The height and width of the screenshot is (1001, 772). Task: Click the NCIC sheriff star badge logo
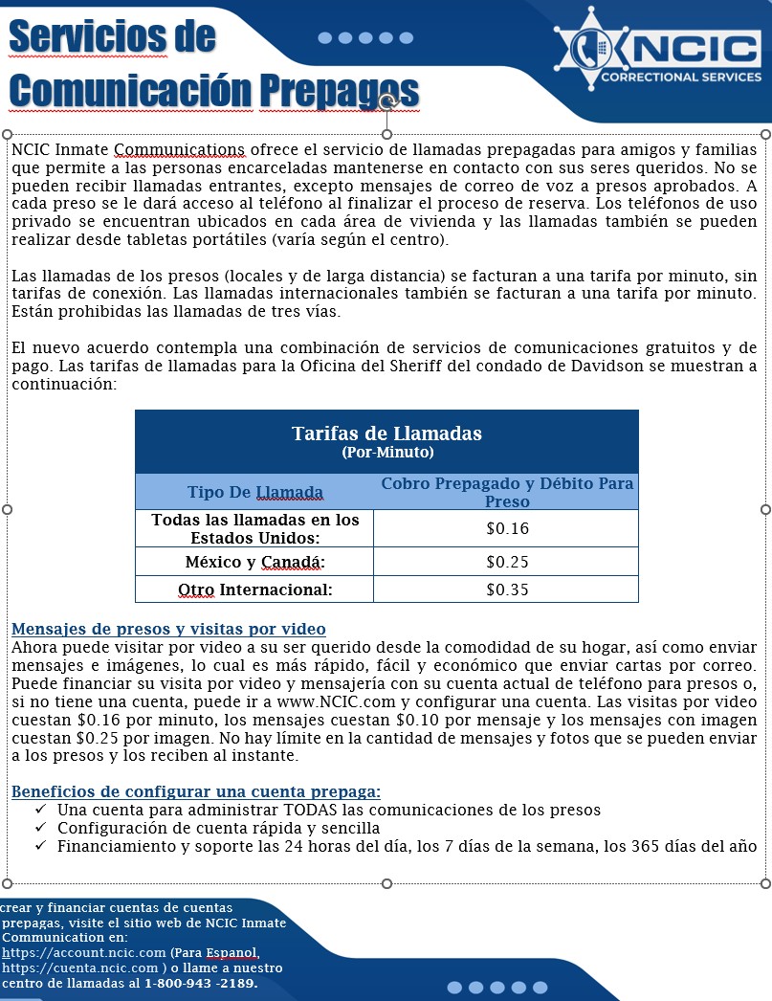pyautogui.click(x=585, y=51)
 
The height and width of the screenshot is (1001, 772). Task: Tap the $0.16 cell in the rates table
pyautogui.click(x=507, y=528)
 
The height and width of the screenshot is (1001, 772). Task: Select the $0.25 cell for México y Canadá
pyautogui.click(x=507, y=562)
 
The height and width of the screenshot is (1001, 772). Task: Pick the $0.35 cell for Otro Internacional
pyautogui.click(x=507, y=589)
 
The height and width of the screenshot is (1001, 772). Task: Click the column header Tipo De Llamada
pyautogui.click(x=254, y=493)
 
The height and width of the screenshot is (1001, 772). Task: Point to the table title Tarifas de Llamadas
pyautogui.click(x=386, y=434)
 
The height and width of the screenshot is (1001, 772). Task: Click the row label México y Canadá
pyautogui.click(x=254, y=562)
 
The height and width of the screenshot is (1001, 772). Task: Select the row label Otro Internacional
pyautogui.click(x=254, y=589)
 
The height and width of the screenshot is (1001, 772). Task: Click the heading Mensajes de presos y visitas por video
pyautogui.click(x=168, y=630)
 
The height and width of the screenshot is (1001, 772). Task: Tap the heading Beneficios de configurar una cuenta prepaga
pyautogui.click(x=195, y=791)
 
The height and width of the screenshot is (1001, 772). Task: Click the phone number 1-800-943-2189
pyautogui.click(x=201, y=984)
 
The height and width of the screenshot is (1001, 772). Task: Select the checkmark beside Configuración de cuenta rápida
pyautogui.click(x=40, y=828)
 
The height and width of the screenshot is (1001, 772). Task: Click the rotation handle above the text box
pyautogui.click(x=386, y=102)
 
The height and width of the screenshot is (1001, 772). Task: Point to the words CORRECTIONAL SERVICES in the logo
pyautogui.click(x=679, y=78)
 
